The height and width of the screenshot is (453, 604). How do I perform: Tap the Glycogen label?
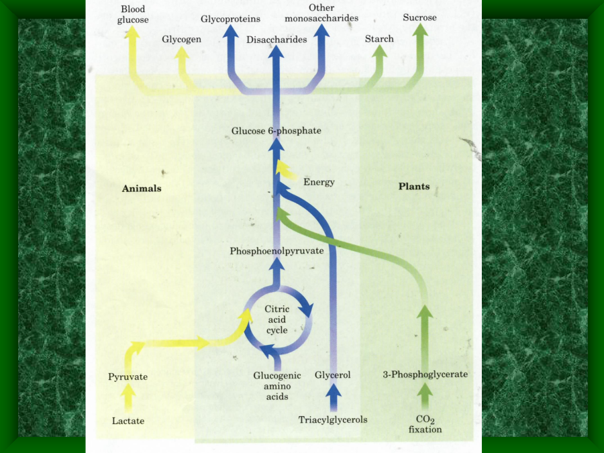tap(181, 40)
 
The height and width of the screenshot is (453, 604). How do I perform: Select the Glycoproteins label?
tap(230, 18)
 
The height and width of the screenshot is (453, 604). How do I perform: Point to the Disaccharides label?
tap(276, 40)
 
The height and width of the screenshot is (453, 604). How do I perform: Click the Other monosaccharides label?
tap(321, 13)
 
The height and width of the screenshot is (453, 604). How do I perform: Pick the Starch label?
tap(379, 39)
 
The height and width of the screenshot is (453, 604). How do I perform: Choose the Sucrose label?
tap(419, 17)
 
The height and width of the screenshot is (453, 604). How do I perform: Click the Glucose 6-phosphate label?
tap(276, 131)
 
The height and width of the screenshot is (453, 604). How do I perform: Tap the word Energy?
tap(319, 182)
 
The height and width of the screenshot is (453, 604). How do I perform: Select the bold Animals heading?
tap(142, 189)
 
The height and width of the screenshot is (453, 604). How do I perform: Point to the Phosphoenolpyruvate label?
tap(276, 251)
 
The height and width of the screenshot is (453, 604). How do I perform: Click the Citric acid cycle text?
tap(276, 320)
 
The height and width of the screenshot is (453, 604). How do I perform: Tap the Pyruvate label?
tap(128, 377)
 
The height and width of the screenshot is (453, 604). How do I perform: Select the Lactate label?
tap(128, 421)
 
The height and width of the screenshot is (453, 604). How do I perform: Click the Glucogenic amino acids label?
tap(276, 386)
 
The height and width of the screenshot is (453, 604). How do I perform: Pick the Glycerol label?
tap(333, 375)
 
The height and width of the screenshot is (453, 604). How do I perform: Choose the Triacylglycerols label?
tap(333, 420)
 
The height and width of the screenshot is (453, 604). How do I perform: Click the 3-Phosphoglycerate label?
tap(425, 374)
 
